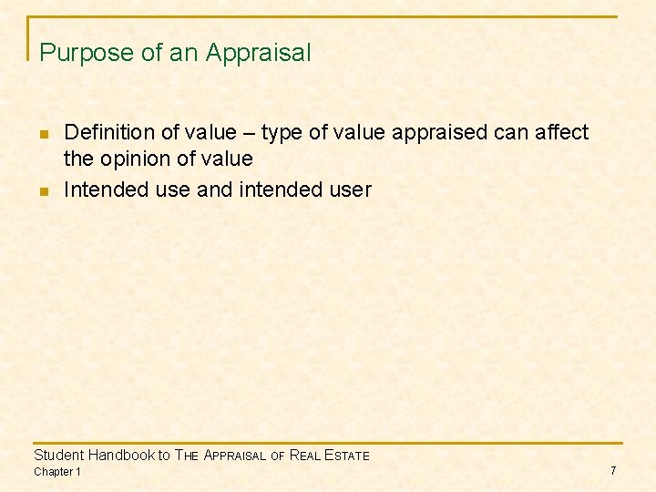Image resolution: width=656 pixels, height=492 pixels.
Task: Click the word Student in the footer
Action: tap(58, 455)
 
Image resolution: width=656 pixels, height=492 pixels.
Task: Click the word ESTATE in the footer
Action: tap(348, 456)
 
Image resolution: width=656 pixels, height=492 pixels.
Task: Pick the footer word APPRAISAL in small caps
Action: tap(234, 456)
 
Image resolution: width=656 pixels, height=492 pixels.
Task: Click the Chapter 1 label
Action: tap(56, 471)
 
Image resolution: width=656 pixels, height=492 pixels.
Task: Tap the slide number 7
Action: tap(613, 470)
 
